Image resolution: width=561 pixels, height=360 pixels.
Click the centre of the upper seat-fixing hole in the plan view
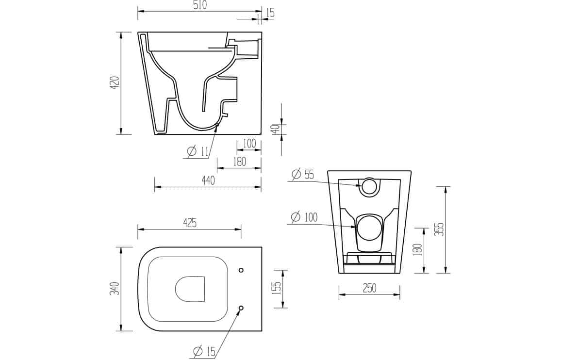point(241,270)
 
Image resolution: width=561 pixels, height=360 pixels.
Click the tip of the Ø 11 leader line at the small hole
point(217,126)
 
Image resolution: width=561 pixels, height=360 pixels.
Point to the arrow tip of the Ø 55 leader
point(363,186)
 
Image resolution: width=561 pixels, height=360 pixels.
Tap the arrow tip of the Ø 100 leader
point(357,227)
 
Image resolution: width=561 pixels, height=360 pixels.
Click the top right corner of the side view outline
point(262,32)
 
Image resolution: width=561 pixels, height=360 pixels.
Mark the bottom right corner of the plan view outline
point(262,331)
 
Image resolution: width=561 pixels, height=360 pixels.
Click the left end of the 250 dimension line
point(339,295)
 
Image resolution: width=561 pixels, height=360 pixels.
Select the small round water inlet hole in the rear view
point(369,186)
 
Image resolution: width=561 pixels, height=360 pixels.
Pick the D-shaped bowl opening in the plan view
point(190,288)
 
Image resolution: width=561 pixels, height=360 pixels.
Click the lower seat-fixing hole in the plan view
point(241,308)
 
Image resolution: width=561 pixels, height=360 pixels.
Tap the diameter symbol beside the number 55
point(296,175)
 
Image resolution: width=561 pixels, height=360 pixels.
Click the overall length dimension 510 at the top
point(199,5)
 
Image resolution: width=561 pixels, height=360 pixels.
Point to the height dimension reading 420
point(115,82)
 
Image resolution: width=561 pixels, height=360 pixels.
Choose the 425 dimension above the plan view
point(190,223)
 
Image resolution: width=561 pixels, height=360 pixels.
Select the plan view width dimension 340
point(115,288)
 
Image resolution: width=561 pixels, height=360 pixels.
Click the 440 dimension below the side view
point(208,180)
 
